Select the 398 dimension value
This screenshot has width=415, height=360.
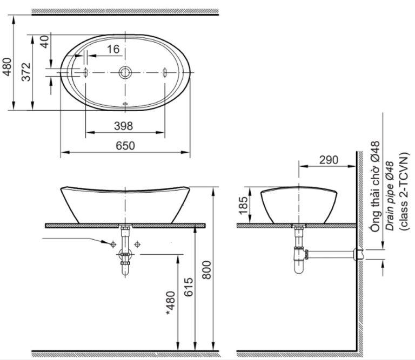[x=125, y=126]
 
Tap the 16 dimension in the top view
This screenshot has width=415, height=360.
[x=113, y=49]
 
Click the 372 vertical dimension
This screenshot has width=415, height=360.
[x=25, y=72]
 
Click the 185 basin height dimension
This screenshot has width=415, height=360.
[x=243, y=205]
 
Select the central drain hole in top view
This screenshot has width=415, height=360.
[x=125, y=72]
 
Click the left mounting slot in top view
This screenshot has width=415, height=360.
[x=85, y=72]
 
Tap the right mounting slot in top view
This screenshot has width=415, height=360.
[x=164, y=72]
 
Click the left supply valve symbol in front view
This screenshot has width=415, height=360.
[x=113, y=244]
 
